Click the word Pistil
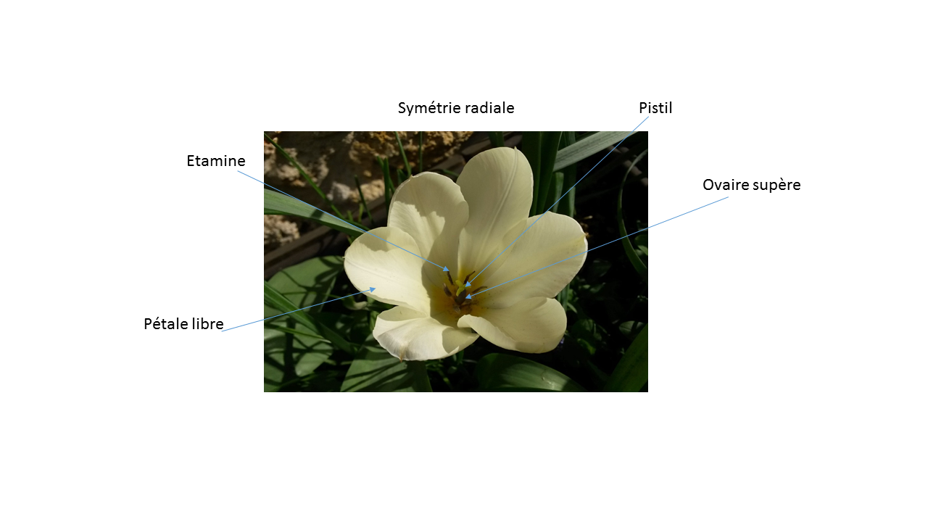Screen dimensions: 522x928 (x=655, y=108)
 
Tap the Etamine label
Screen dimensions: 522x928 (x=216, y=161)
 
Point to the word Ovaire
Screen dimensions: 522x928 (x=725, y=185)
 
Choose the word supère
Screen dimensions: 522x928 (x=776, y=186)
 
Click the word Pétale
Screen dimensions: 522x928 (x=164, y=324)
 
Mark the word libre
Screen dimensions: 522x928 (x=206, y=324)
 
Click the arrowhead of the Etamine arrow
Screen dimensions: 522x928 (x=449, y=271)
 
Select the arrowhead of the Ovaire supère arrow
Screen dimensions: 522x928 (x=467, y=297)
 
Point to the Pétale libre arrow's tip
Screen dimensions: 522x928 (x=374, y=289)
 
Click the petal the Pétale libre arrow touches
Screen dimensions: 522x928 (x=384, y=268)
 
